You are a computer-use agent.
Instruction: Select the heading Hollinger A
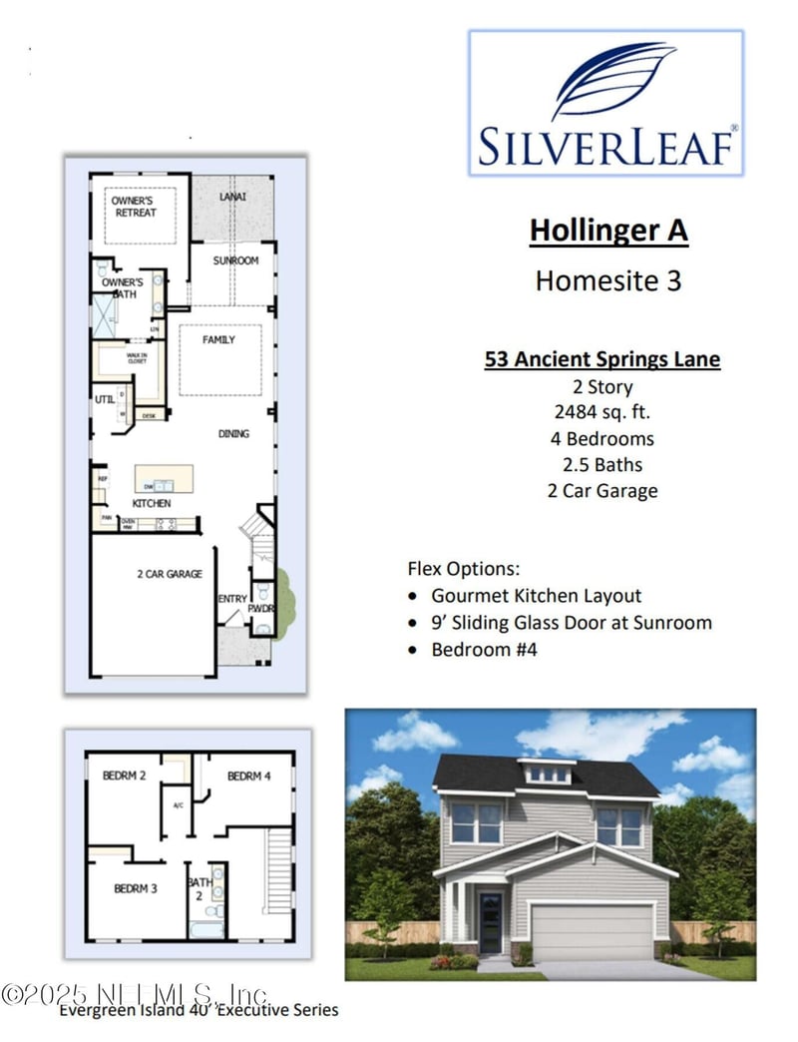tap(608, 231)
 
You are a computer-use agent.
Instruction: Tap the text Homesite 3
tap(608, 280)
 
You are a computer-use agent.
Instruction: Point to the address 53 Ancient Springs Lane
tap(602, 359)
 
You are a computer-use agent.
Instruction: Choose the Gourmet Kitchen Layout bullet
tap(536, 596)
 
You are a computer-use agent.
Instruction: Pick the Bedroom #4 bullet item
tap(484, 649)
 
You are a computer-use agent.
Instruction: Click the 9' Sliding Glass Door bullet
tap(572, 623)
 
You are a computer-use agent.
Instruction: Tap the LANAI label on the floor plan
tap(232, 198)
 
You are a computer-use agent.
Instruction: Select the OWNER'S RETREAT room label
tap(134, 207)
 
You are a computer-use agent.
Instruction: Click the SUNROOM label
tap(236, 260)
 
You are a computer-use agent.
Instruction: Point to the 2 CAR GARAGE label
tap(170, 574)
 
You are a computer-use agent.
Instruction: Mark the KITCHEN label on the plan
tap(152, 503)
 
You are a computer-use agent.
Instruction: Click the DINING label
tap(234, 434)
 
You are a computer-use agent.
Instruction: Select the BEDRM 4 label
tap(247, 777)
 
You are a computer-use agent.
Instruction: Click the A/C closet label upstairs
tap(179, 804)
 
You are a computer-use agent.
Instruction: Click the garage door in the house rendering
tap(593, 931)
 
